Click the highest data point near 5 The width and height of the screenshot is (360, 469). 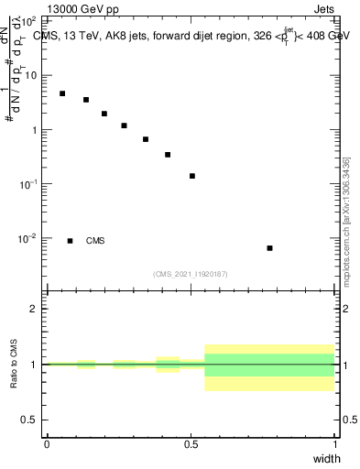62,93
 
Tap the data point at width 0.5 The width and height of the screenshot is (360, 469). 192,176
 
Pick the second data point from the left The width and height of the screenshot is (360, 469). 86,100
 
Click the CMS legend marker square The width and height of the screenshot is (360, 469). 70,241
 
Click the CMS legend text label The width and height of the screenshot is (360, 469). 95,241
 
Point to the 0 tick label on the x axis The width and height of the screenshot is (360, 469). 47,444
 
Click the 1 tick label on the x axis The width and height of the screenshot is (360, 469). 335,444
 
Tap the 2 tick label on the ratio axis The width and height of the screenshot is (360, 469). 34,309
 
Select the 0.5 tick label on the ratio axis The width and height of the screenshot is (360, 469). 29,420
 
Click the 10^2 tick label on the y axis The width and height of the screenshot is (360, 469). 29,20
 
